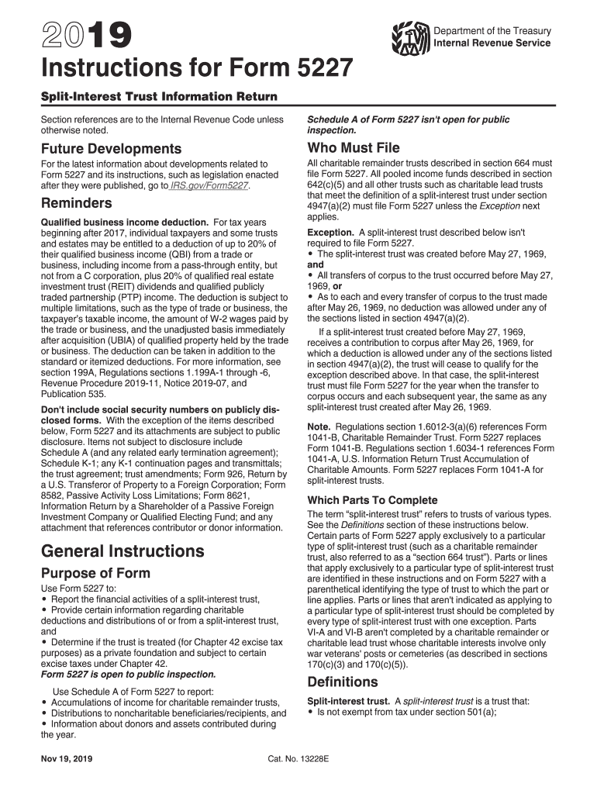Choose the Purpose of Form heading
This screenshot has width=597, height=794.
click(95, 574)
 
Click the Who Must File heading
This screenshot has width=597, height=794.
click(354, 147)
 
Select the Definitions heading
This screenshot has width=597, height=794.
click(343, 682)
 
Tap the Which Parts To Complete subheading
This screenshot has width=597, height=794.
click(372, 500)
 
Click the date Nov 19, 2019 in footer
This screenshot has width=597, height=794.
click(67, 759)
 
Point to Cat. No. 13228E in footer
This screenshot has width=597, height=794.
click(298, 759)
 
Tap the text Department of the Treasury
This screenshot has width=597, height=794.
click(492, 31)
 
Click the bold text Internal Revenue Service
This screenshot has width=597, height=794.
click(492, 43)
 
